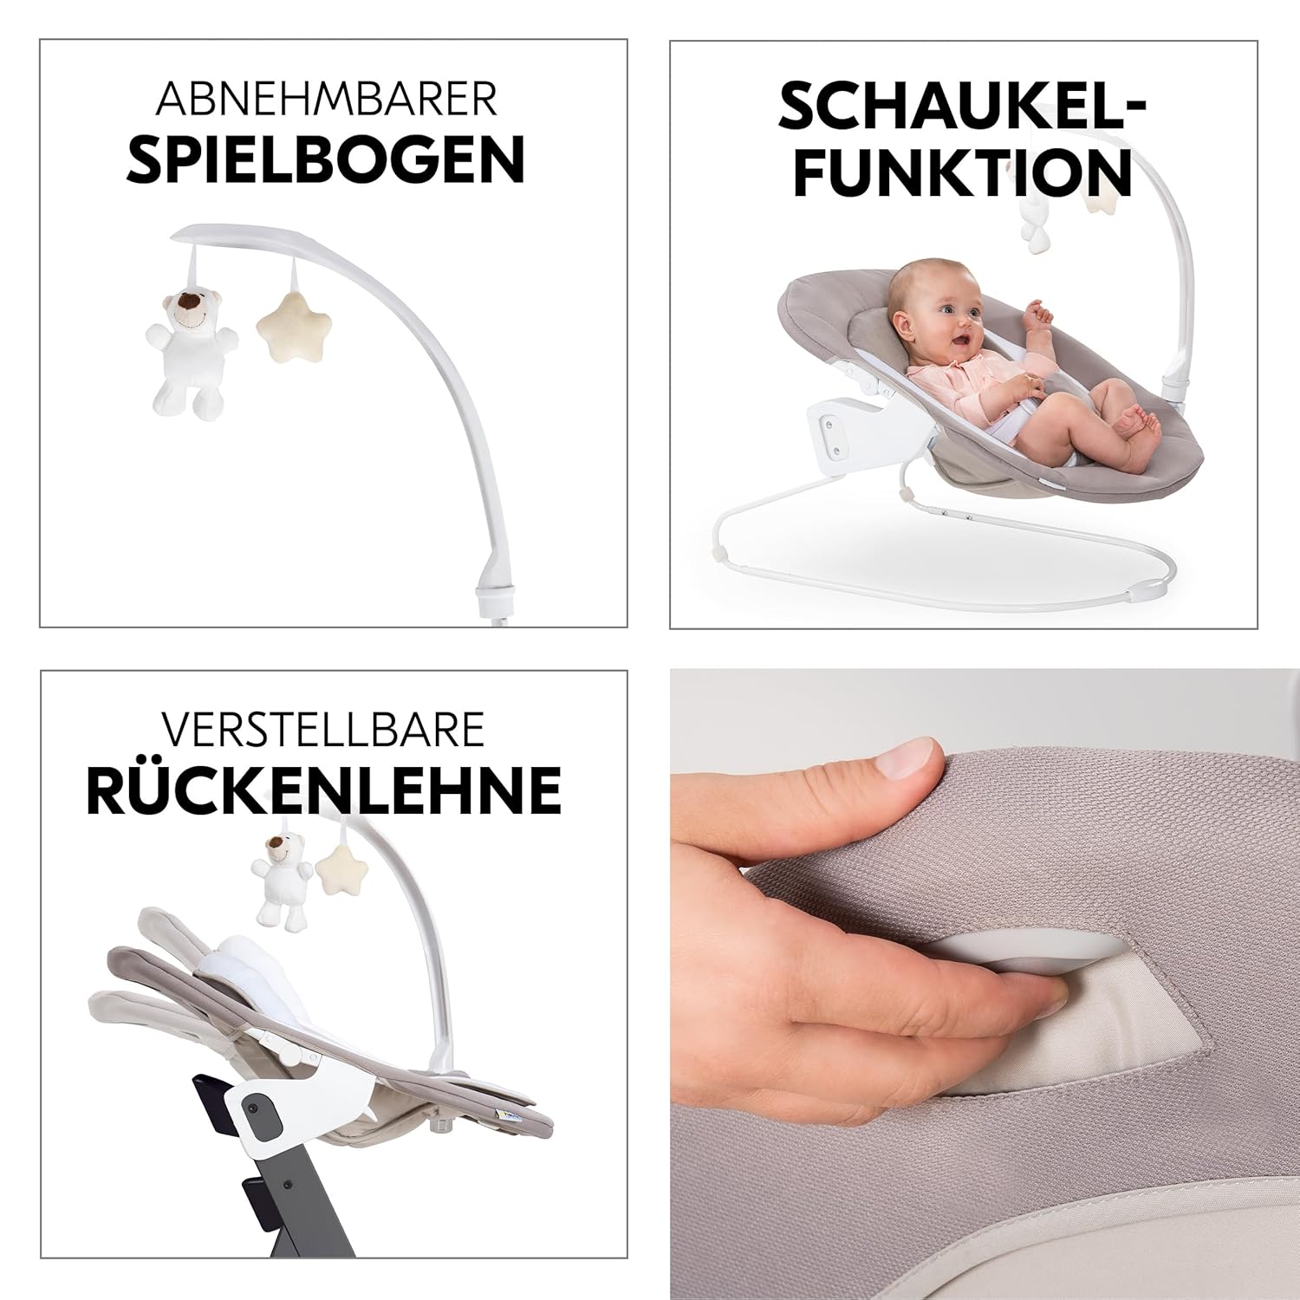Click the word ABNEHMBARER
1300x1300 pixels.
point(327,100)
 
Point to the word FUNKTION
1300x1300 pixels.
point(963,173)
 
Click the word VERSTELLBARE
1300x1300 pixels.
point(322,730)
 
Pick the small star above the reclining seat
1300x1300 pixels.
point(335,880)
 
